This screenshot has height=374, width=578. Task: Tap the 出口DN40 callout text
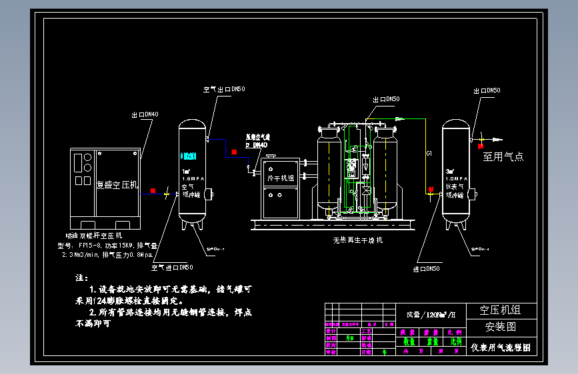point(145,114)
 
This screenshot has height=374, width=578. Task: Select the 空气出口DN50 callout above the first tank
point(224,89)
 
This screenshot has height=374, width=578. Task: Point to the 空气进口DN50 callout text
point(172,268)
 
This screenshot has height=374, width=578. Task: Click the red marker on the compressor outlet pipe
point(153,191)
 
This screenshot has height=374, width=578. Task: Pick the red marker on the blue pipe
point(234,152)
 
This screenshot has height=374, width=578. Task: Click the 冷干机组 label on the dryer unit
point(280,178)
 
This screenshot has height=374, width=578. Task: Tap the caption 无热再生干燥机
point(358,240)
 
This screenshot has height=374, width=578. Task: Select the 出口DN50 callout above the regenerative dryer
point(386,99)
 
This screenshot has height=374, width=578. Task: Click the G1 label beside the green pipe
point(430,154)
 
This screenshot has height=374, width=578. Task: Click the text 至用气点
point(503,157)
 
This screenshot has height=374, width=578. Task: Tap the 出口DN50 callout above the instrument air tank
point(487,91)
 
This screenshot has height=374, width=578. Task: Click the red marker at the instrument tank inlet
point(430,191)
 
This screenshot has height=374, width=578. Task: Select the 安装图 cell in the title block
point(500,327)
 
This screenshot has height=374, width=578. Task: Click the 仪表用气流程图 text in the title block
point(501,347)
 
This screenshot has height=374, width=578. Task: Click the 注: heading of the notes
point(83,278)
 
